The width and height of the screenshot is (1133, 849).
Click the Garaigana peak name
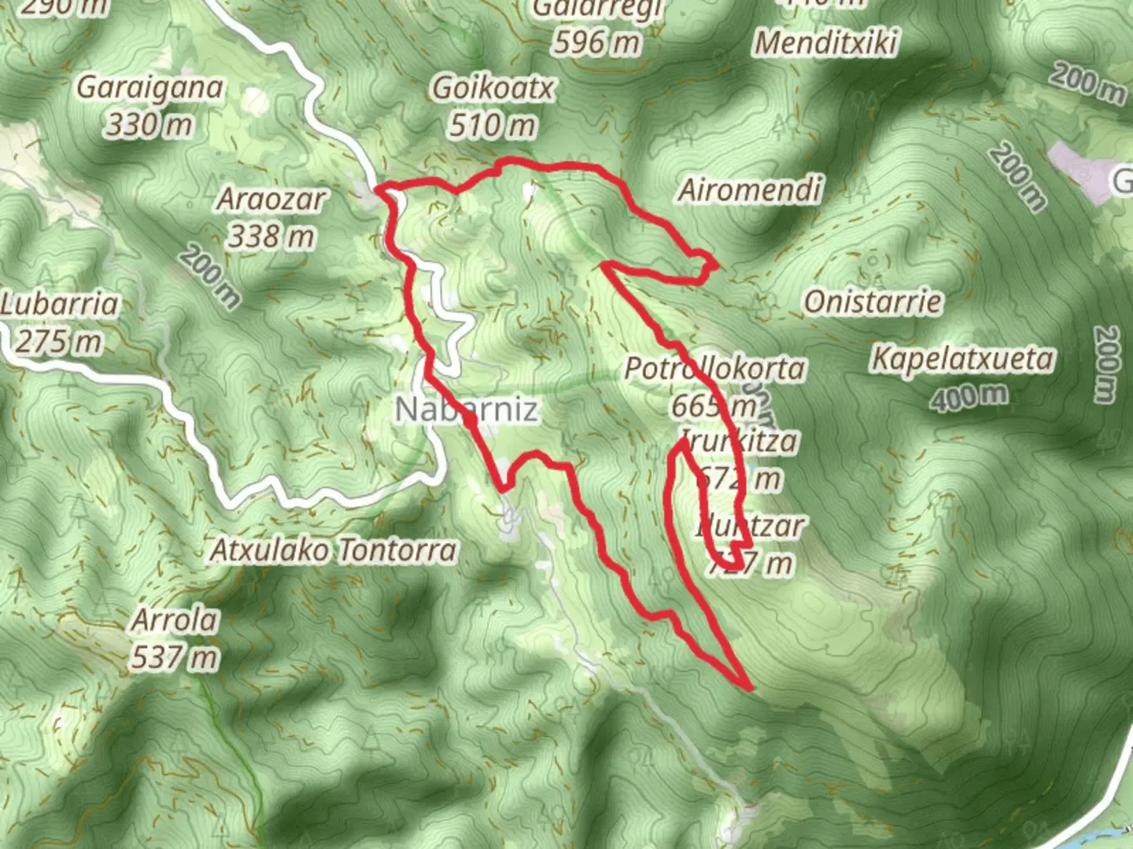coord(149,88)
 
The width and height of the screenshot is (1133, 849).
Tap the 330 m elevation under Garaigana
coord(149,124)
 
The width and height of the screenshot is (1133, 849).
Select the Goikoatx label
coord(493,88)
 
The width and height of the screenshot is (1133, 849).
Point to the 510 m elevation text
coord(493,124)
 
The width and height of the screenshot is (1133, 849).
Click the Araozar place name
coord(271,199)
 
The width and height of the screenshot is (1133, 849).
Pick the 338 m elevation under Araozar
coord(271,235)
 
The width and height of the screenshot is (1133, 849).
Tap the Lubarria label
coord(60,304)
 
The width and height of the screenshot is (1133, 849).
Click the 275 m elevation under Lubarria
coord(60,341)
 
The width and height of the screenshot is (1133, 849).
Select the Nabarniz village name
coord(467,409)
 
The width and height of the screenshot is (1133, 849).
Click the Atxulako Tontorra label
coord(333,550)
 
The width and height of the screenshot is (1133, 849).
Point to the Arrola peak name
coord(174,620)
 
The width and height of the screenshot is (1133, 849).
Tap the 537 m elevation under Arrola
coord(174,657)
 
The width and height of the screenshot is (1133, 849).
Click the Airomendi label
coord(751,190)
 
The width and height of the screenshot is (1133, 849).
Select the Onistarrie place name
coord(873,302)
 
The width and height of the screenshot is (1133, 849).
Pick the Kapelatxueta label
coord(962,359)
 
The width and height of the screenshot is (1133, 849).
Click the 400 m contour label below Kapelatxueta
coord(969,397)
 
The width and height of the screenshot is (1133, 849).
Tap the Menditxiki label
coord(825,42)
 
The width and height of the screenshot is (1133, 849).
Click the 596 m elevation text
coord(596,41)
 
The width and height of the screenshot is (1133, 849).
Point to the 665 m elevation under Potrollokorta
coord(713,406)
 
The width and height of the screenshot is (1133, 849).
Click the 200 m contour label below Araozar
coord(209,275)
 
